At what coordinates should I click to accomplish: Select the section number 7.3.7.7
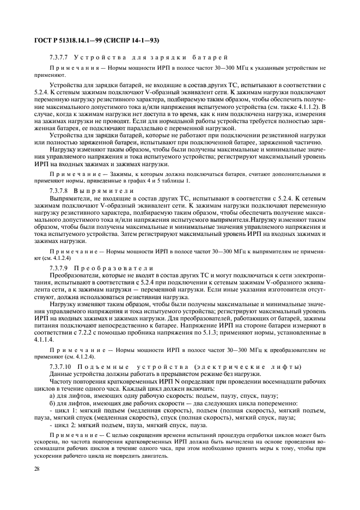tap(59, 57)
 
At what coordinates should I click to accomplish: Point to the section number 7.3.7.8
tap(59, 191)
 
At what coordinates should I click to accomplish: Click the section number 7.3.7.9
tap(59, 268)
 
